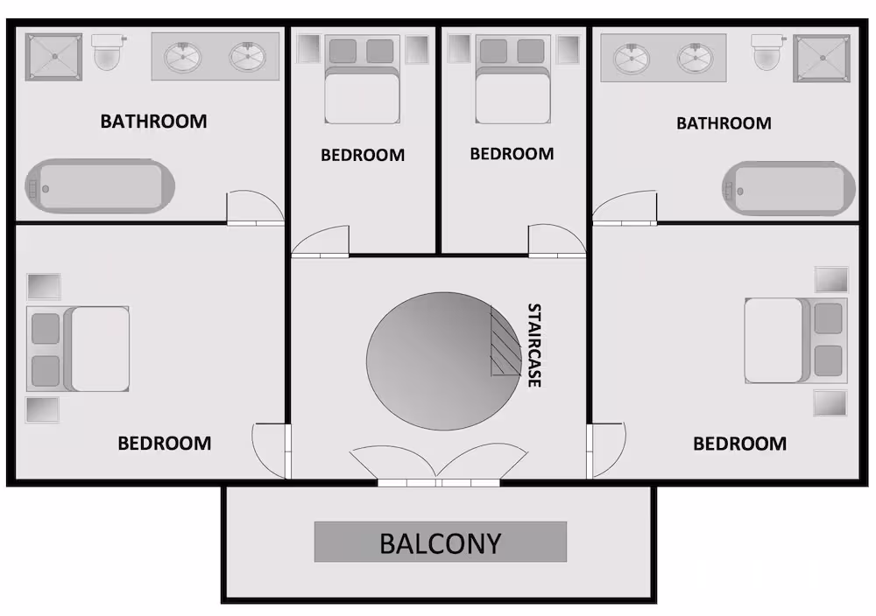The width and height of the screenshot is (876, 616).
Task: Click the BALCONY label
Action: pyautogui.click(x=441, y=542)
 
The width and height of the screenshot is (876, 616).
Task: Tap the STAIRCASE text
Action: pyautogui.click(x=534, y=345)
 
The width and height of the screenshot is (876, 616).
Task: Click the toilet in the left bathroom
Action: pyautogui.click(x=107, y=52)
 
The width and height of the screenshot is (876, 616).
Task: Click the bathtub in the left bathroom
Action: pyautogui.click(x=100, y=186)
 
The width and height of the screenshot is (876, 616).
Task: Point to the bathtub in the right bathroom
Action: pyautogui.click(x=788, y=189)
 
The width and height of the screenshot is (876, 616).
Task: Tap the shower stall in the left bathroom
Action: pyautogui.click(x=53, y=56)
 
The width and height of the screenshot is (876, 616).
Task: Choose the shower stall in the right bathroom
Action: pyautogui.click(x=822, y=58)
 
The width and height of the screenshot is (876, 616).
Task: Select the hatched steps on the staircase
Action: pyautogui.click(x=505, y=341)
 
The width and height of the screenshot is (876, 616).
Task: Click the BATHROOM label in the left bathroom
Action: pyautogui.click(x=153, y=121)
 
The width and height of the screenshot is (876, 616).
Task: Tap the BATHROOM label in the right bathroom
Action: pyautogui.click(x=724, y=122)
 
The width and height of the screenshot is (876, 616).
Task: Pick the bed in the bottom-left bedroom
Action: pyautogui.click(x=78, y=349)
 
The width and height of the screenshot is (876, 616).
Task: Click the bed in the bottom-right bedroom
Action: pyautogui.click(x=795, y=340)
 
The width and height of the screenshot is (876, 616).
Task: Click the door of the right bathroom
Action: pyautogui.click(x=625, y=208)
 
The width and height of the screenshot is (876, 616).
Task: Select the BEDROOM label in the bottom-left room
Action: pyautogui.click(x=165, y=443)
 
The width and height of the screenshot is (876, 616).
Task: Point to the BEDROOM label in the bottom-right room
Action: pyautogui.click(x=739, y=444)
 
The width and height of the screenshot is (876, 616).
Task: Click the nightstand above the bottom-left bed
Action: pyautogui.click(x=44, y=286)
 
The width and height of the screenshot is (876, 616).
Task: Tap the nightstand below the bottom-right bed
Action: pyautogui.click(x=830, y=403)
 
